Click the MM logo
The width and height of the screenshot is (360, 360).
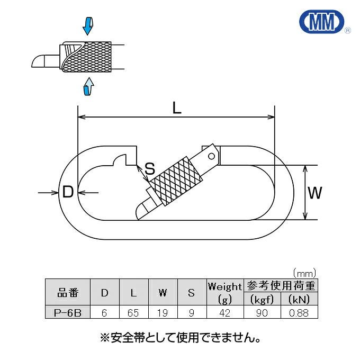coord(322,22)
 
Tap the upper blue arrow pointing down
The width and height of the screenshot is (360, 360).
coord(88,26)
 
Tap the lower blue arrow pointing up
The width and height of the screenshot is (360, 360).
coord(88,86)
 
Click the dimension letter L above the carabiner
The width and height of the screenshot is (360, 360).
coord(176,108)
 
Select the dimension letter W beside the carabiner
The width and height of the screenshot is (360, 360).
coord(315,193)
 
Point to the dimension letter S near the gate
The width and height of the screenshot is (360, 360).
coord(150,168)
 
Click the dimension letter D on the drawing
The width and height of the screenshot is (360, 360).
coord(68,192)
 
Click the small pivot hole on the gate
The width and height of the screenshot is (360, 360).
coord(211,156)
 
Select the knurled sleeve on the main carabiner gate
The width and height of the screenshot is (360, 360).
coord(176,182)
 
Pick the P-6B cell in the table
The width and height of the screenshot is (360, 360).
coord(68,312)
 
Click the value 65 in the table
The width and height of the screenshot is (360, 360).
coord(133,313)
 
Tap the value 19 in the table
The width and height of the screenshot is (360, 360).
coord(163,313)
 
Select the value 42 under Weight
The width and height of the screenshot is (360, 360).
coord(224,313)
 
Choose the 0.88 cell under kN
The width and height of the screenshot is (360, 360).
coord(299,313)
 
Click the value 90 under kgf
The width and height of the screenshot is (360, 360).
coord(262,313)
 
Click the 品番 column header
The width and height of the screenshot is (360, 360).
coord(68,293)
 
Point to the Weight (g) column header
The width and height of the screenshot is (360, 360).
coord(225,293)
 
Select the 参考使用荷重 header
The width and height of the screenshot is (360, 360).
coord(281,286)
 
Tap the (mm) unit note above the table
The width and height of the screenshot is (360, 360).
coord(304,273)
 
